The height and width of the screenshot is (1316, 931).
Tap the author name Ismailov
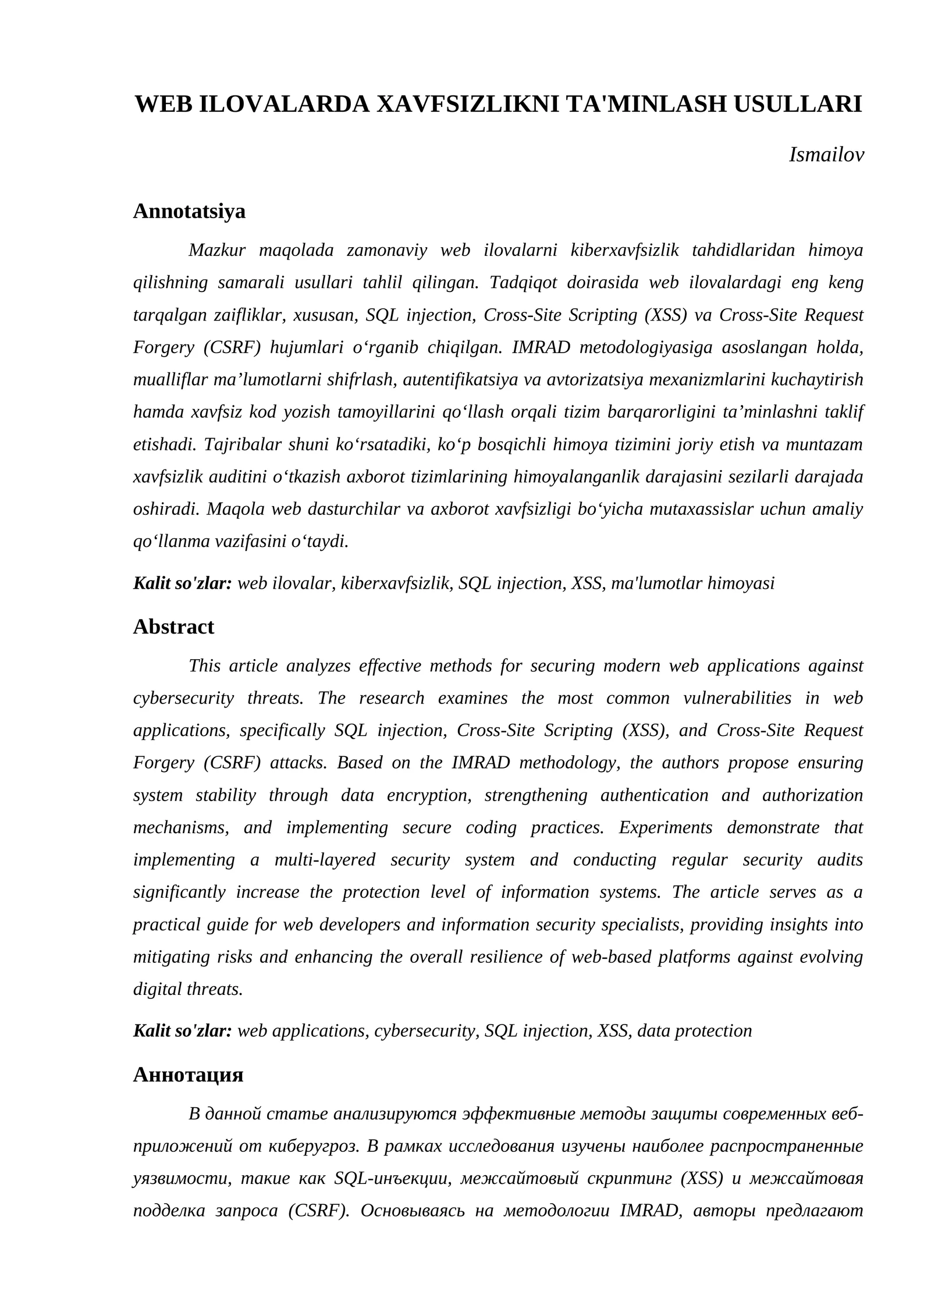pyautogui.click(x=826, y=155)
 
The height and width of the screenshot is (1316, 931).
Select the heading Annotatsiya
pyautogui.click(x=189, y=211)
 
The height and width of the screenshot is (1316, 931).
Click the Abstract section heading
pyautogui.click(x=173, y=627)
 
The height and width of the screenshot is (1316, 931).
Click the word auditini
pyautogui.click(x=237, y=477)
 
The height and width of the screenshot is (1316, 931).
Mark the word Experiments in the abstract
pyautogui.click(x=665, y=827)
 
